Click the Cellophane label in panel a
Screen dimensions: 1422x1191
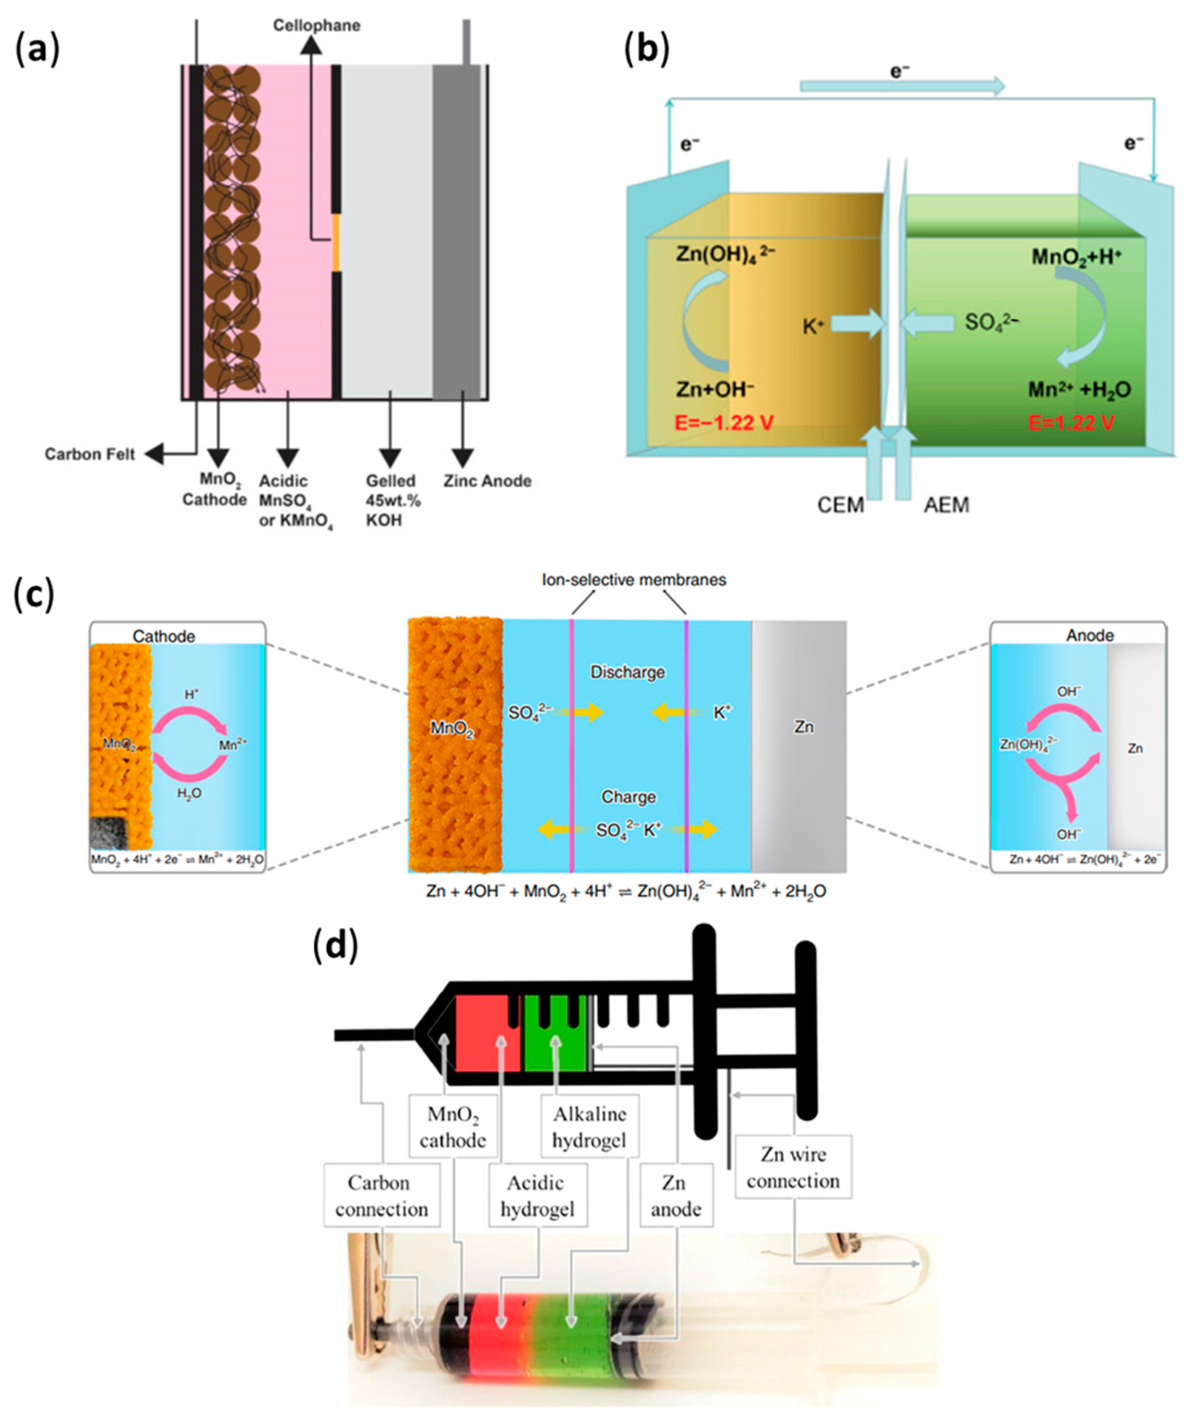[317, 26]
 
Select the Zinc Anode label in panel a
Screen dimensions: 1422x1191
[487, 482]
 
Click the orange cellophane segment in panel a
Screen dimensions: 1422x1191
[336, 242]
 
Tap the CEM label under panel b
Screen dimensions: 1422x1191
[841, 505]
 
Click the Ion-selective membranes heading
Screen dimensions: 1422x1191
[634, 580]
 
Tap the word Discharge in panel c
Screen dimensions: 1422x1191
[627, 672]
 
